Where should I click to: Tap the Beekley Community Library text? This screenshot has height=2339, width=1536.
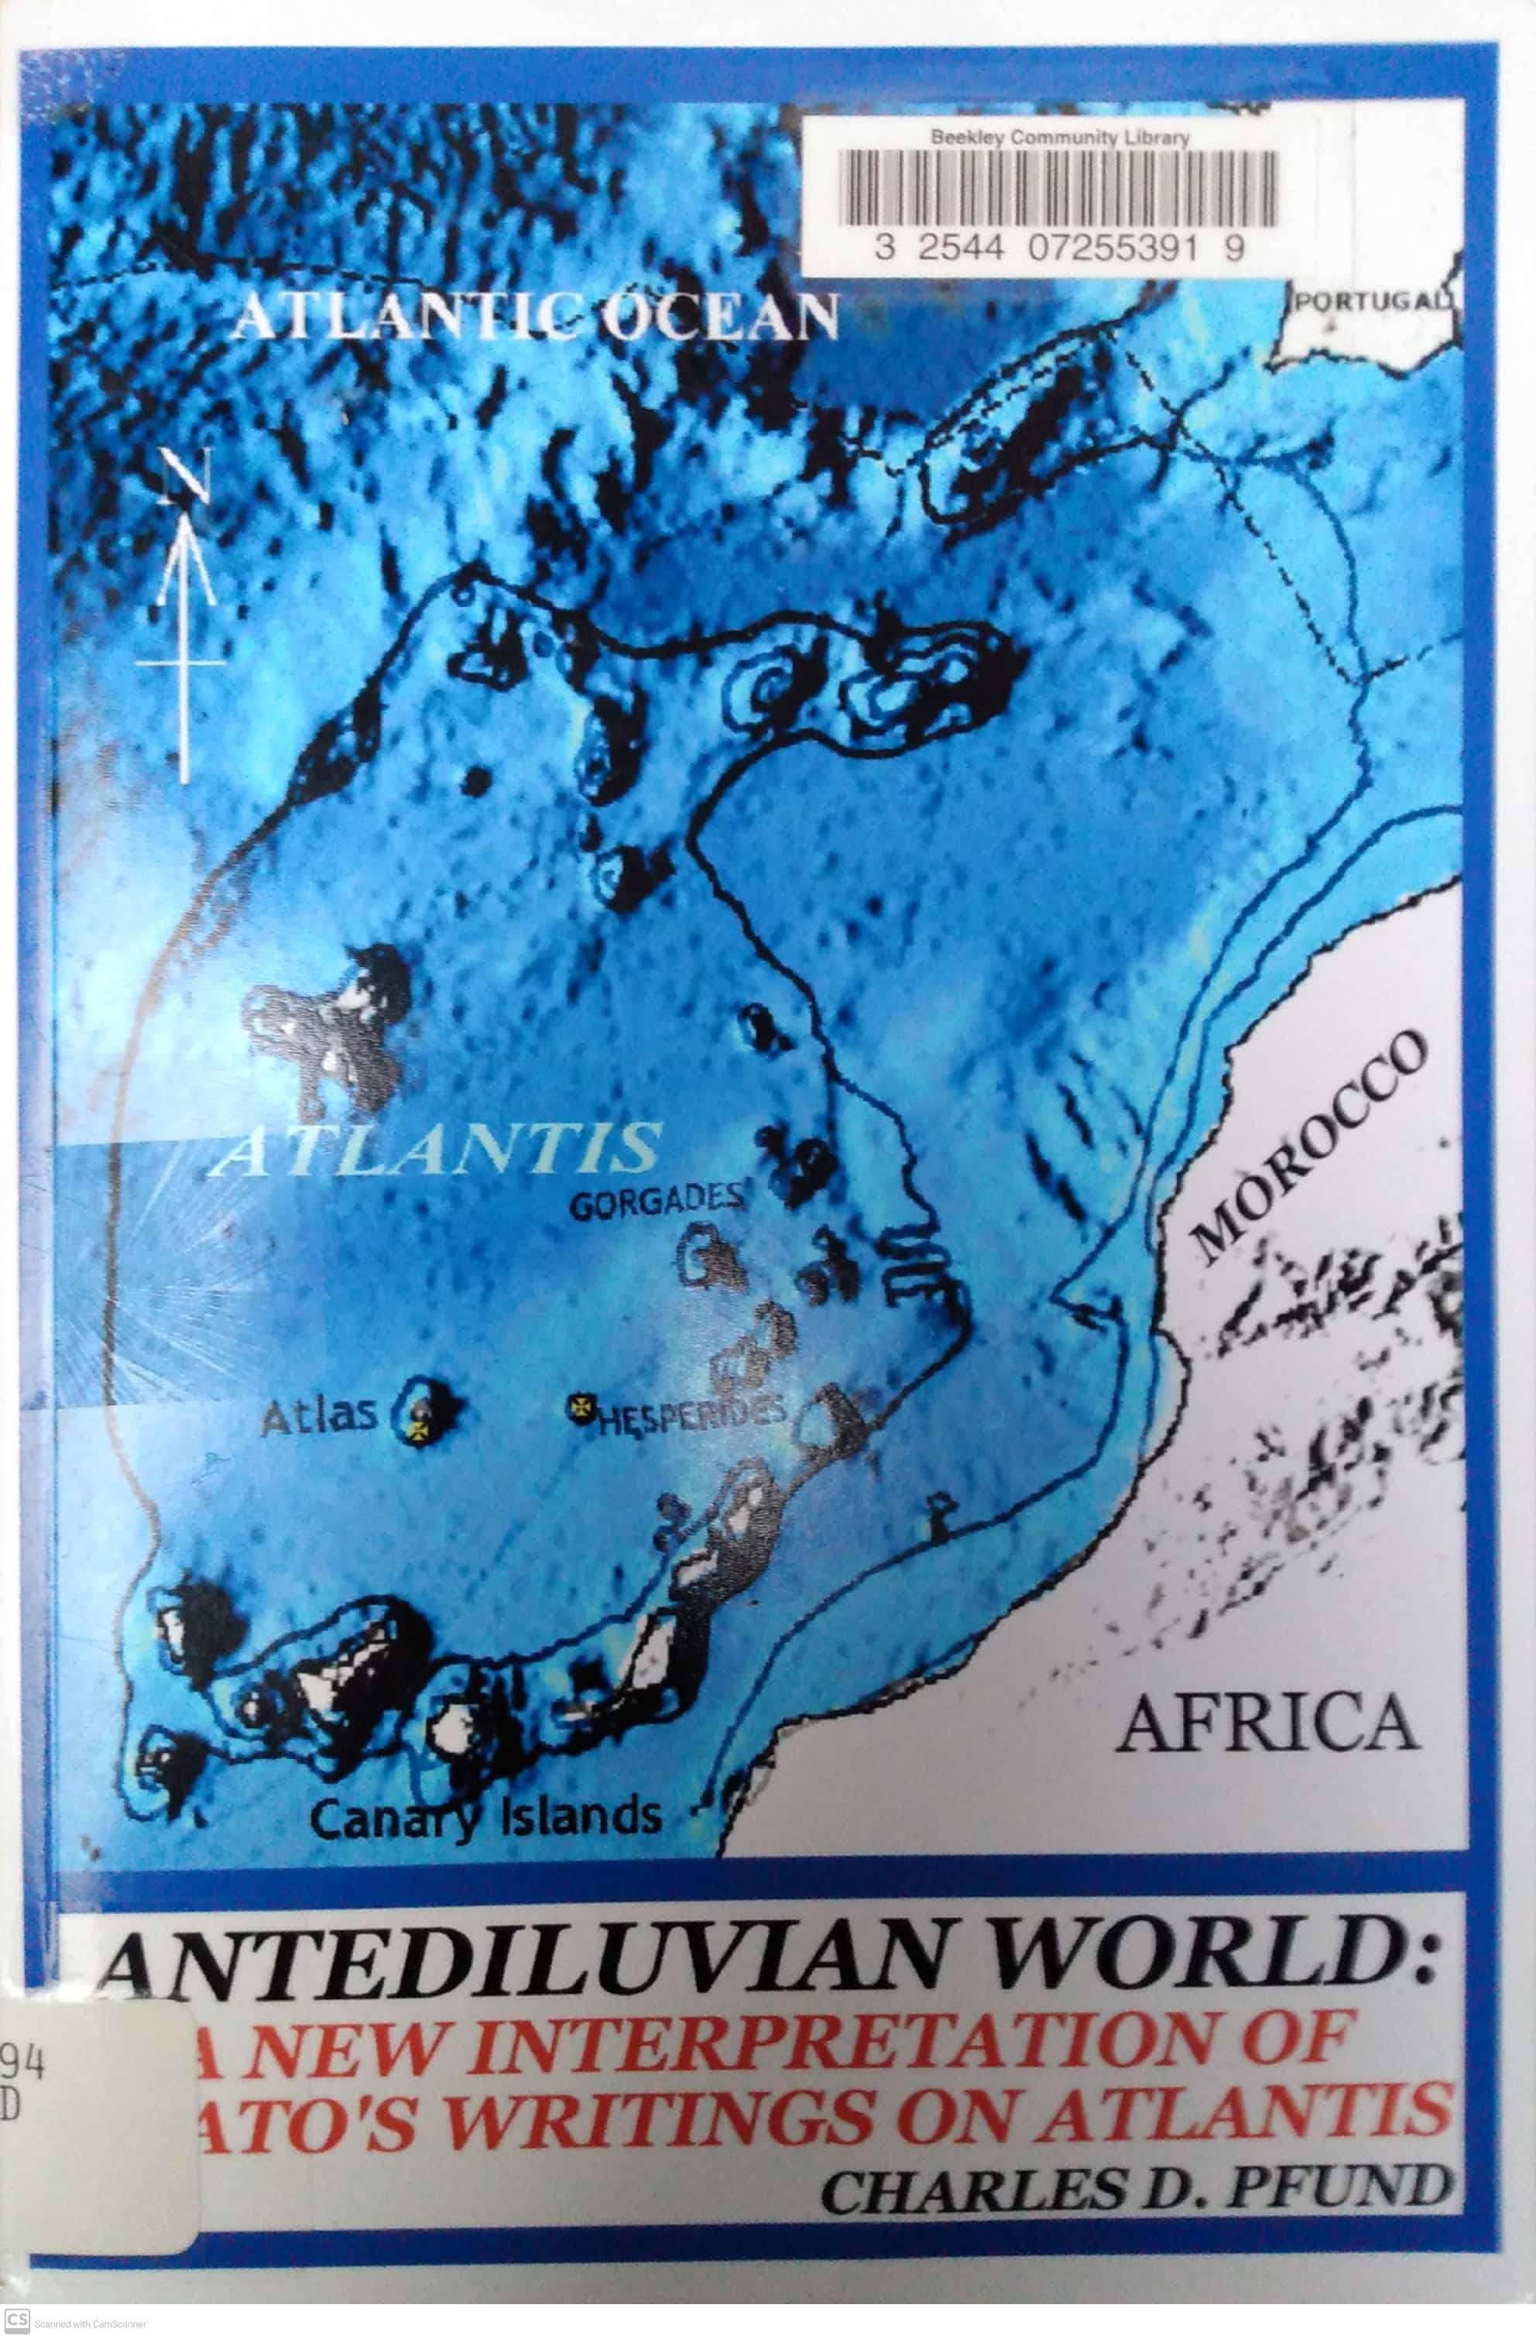[x=1059, y=139]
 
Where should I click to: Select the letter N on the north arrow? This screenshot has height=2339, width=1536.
[x=182, y=478]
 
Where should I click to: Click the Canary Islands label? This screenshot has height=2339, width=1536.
[x=485, y=1817]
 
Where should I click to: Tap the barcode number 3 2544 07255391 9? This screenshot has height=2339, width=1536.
[x=1059, y=251]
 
